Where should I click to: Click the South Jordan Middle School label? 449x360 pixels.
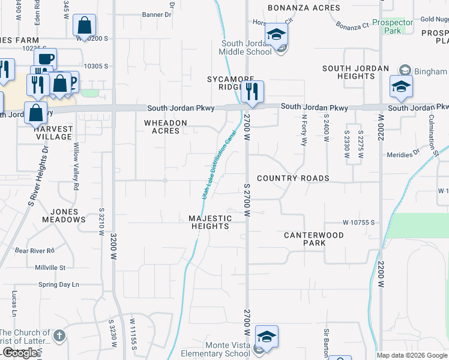coord(249,47)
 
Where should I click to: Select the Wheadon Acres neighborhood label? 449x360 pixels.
coord(165,127)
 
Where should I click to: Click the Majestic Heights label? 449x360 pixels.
coord(210,222)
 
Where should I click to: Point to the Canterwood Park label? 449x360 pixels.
coord(314,239)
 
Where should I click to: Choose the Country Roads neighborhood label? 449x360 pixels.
coord(293,178)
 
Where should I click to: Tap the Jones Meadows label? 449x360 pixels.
coord(64,215)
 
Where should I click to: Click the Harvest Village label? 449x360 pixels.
coord(54,133)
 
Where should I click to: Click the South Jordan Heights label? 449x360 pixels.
coord(356,72)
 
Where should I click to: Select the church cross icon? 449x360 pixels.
coord(59,335)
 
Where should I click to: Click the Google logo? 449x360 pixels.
coord(20,353)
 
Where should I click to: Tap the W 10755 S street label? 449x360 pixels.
coord(359,223)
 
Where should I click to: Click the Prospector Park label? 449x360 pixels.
coord(393,26)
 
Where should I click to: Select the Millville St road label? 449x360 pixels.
coord(50,267)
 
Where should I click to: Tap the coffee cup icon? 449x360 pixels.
coord(44,59)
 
